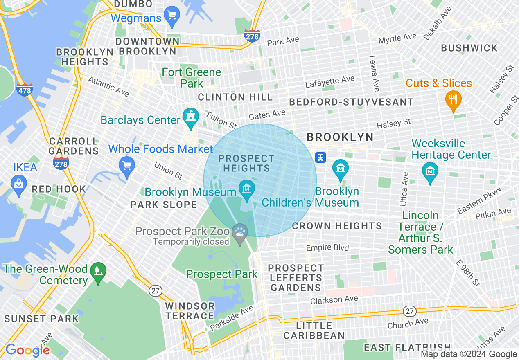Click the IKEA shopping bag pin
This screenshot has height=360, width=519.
pos(19,183)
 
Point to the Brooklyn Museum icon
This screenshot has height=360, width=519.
pos(246,189)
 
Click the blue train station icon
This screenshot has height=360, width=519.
pos(320,157)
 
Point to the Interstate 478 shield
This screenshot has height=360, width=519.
pos(25,90)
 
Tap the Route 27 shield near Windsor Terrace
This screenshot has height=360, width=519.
pos(156,291)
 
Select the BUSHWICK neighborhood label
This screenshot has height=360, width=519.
pos(469,48)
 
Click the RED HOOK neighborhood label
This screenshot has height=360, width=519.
pos(59,189)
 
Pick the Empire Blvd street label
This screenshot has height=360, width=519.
pos(327,248)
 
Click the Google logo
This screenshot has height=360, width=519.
pos(27,350)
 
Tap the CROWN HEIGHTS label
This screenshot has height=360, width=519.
pos(337,226)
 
